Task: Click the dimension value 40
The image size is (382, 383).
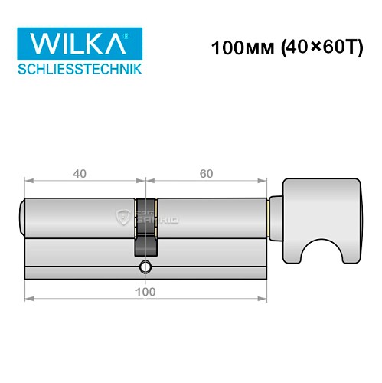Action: coord(79,173)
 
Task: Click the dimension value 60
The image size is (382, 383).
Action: coord(205,173)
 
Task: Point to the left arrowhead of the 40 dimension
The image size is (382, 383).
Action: coord(28,182)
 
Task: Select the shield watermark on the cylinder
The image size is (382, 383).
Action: coord(122,218)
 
